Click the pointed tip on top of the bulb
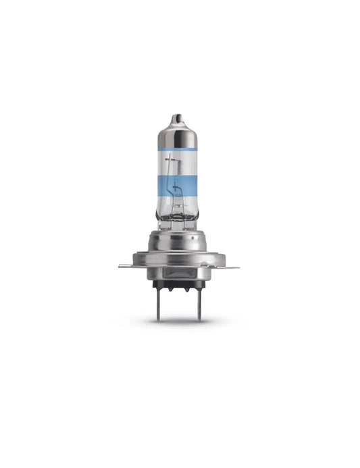(x=178, y=117)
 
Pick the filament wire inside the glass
(x=178, y=182)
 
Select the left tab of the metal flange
(x=127, y=265)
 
